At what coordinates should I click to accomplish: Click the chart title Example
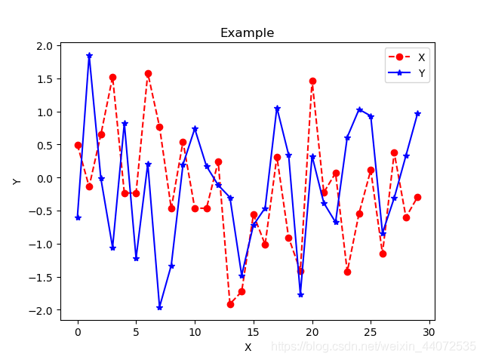point(247,33)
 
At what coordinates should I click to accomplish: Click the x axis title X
point(247,347)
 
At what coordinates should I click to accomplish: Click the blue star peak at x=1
point(89,55)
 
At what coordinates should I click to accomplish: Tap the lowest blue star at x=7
point(159,307)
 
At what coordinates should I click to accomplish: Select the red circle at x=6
point(148,73)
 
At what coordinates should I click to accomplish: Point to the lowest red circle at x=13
point(230,304)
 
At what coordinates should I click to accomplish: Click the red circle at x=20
point(312,81)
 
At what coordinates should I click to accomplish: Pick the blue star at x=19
point(300,294)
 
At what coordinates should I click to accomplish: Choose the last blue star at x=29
point(417,113)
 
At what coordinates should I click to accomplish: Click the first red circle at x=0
point(78,145)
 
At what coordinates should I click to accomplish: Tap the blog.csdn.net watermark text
point(374,346)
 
